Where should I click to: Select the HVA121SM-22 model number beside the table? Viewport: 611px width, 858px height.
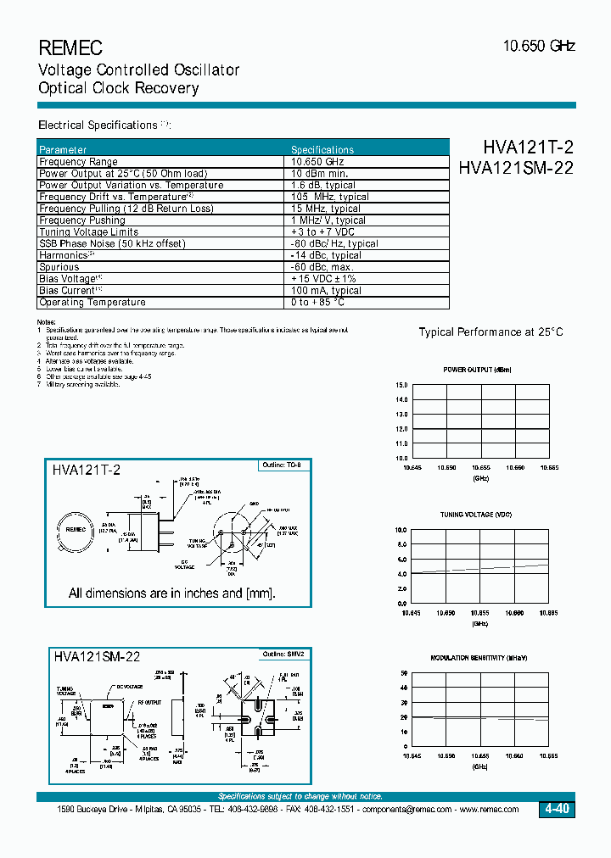[515, 168]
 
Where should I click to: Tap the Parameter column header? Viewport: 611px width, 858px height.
[63, 149]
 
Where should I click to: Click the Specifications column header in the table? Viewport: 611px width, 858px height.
[322, 149]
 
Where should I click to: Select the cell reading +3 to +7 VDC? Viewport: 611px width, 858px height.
[322, 231]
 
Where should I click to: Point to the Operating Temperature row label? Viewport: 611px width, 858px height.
[92, 302]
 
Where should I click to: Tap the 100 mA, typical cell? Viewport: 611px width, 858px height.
[326, 290]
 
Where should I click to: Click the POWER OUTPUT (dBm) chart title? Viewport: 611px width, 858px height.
[478, 370]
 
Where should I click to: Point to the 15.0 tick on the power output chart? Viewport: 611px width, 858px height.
[401, 385]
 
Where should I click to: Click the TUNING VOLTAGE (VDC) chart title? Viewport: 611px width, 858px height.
[477, 515]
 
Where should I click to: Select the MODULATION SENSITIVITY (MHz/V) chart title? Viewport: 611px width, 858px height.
[479, 659]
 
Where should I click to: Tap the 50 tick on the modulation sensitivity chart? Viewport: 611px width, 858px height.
[404, 673]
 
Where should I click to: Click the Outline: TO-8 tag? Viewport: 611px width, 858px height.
[282, 465]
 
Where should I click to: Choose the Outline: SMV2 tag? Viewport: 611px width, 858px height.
[282, 654]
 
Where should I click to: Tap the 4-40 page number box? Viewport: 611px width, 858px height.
[557, 810]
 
